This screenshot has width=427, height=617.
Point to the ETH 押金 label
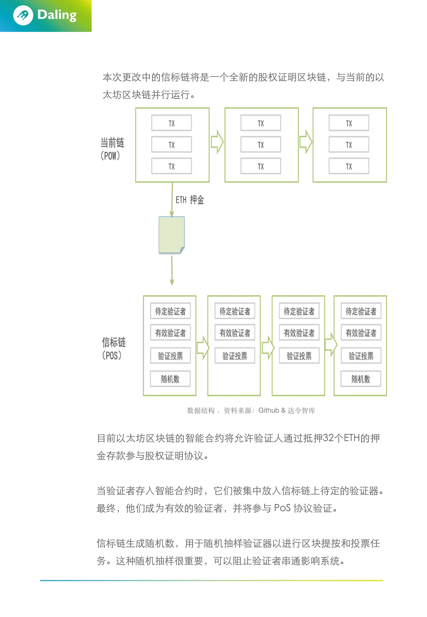tap(190, 200)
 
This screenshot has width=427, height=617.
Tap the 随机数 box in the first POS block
tap(170, 379)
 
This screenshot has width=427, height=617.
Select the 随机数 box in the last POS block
tap(361, 379)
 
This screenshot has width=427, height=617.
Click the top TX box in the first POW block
tap(171, 123)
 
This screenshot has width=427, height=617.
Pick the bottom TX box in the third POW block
tap(349, 166)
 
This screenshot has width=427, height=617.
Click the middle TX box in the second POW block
tap(261, 145)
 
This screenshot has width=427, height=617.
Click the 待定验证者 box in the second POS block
tap(235, 311)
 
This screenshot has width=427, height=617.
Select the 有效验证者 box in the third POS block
tap(299, 332)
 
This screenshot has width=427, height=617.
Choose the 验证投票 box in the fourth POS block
tap(361, 355)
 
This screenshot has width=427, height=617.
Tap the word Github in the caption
tap(269, 410)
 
